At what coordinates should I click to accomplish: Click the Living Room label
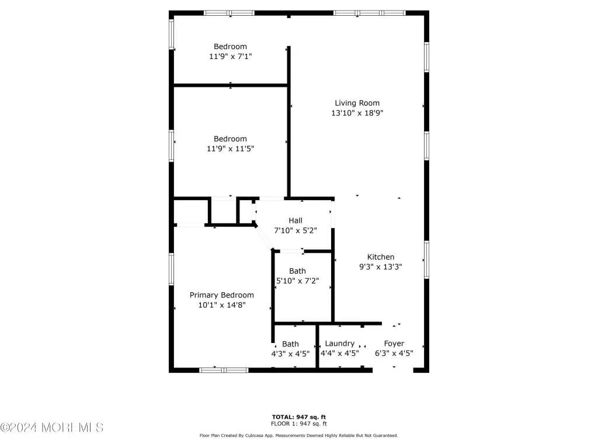(x=357, y=103)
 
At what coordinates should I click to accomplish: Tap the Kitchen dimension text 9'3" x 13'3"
(x=381, y=267)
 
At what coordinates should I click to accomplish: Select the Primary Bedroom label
(x=221, y=295)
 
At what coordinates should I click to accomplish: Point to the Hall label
(x=295, y=220)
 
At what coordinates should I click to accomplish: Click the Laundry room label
(x=339, y=344)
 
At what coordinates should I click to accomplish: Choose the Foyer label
(x=394, y=344)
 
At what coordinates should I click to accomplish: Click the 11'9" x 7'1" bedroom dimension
(x=230, y=57)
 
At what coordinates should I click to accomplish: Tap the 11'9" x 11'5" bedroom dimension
(x=230, y=149)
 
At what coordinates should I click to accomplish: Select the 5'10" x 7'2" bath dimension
(x=297, y=281)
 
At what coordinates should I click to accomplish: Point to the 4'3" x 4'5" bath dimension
(x=290, y=353)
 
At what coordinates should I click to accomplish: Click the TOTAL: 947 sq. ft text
(x=299, y=417)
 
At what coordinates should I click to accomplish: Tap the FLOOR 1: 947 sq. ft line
(x=299, y=423)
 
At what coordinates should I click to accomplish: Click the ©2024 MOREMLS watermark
(x=52, y=428)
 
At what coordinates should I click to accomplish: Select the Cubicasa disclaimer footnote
(x=299, y=435)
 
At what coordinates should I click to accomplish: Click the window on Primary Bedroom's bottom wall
(x=224, y=370)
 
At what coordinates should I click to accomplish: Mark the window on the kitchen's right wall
(x=427, y=260)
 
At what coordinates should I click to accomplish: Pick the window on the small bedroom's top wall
(x=229, y=13)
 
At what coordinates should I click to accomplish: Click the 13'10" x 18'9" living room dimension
(x=357, y=113)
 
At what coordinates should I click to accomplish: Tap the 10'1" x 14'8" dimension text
(x=221, y=304)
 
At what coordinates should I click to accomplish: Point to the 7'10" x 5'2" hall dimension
(x=295, y=230)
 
